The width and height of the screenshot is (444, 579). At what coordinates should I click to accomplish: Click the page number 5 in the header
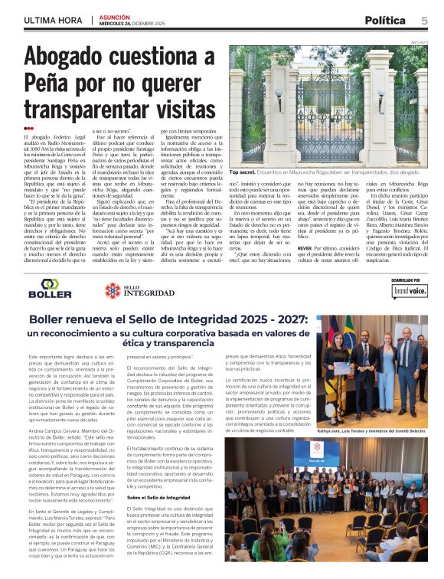(x=424, y=19)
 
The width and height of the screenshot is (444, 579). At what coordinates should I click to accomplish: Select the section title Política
(x=384, y=20)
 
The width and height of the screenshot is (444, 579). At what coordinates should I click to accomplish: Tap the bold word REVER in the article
(x=304, y=248)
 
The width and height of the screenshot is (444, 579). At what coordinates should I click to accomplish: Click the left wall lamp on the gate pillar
(x=278, y=98)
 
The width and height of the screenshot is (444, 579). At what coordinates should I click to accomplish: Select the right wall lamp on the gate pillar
(x=380, y=98)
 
